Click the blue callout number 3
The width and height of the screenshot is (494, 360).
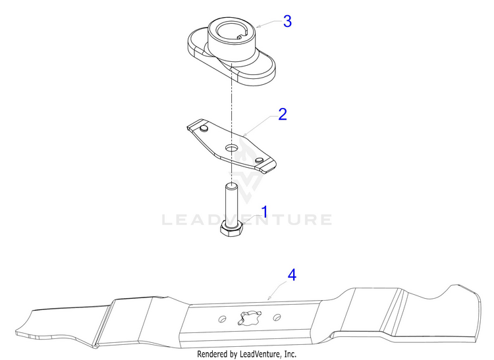pyautogui.click(x=287, y=21)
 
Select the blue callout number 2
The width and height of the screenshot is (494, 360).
pyautogui.click(x=283, y=114)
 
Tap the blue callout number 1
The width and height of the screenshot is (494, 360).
pyautogui.click(x=264, y=212)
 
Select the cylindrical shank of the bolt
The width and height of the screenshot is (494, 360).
pyautogui.click(x=231, y=203)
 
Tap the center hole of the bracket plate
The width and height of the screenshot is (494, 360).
pyautogui.click(x=232, y=147)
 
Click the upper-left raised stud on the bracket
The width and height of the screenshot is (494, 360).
pyautogui.click(x=204, y=128)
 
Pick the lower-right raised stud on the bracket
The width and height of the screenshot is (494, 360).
pyautogui.click(x=260, y=160)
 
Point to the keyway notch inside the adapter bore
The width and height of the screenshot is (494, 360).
pyautogui.click(x=240, y=37)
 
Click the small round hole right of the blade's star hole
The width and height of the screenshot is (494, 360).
pyautogui.click(x=277, y=317)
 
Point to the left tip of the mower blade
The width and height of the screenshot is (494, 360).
pyautogui.click(x=16, y=332)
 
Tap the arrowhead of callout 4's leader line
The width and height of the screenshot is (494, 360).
pyautogui.click(x=269, y=298)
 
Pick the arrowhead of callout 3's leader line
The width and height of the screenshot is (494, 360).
pyautogui.click(x=258, y=26)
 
